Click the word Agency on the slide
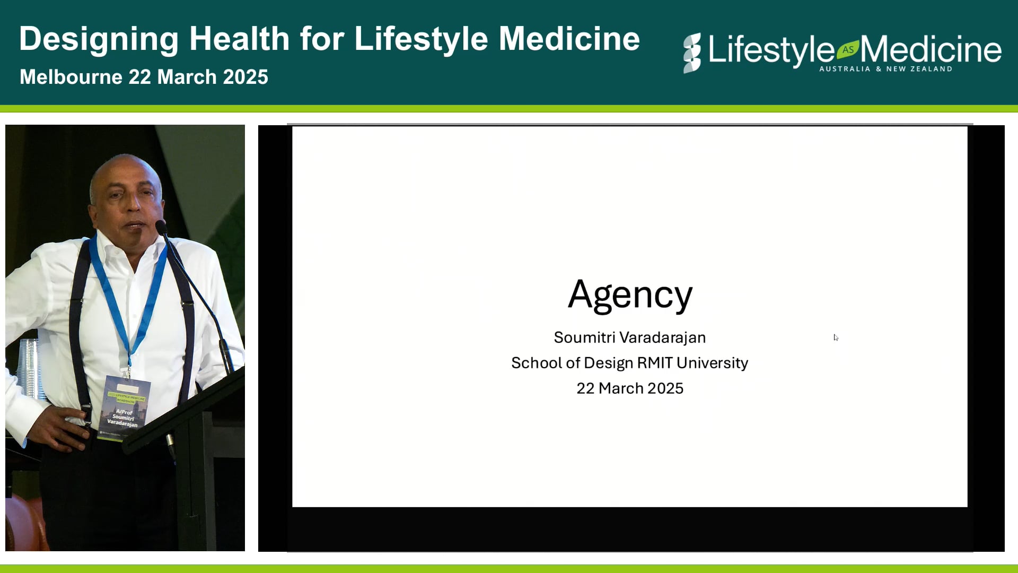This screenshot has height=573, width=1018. [x=630, y=295]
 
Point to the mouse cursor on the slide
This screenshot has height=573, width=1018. [x=836, y=337]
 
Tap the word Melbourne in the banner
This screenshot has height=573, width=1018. [x=71, y=77]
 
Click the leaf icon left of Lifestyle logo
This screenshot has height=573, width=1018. [x=692, y=53]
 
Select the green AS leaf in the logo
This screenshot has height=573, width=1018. [x=848, y=49]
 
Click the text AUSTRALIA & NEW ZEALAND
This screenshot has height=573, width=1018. [x=885, y=69]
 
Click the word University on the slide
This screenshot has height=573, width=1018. [x=712, y=363]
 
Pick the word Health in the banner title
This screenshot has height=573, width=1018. [x=240, y=39]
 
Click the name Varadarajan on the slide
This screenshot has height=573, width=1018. [x=663, y=337]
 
